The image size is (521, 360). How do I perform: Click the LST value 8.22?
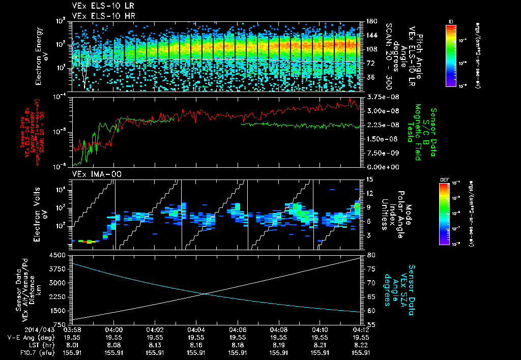pos(361,344)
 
